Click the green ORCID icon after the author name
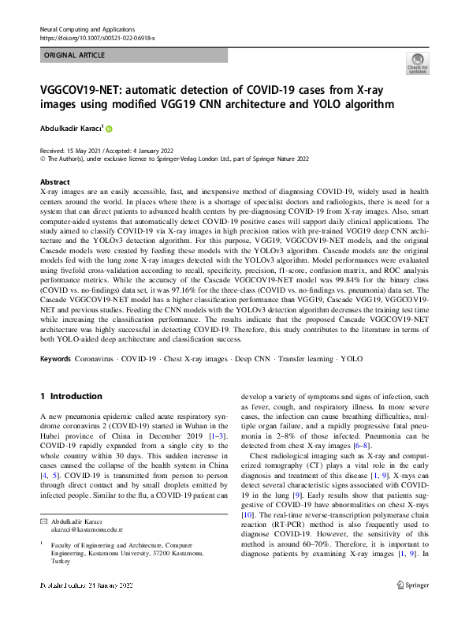[110, 129]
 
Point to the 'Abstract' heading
[54, 181]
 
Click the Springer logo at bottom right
[411, 606]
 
